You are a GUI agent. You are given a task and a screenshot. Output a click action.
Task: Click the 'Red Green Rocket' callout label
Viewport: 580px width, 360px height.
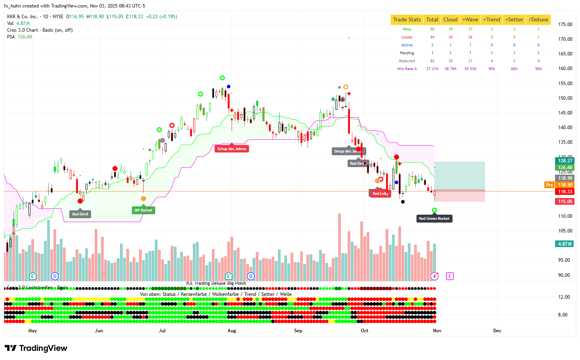coord(434,219)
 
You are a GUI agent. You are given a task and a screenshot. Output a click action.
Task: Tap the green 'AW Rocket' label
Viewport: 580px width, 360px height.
coord(143,210)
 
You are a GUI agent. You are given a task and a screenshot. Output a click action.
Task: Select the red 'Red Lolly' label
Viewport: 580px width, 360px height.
coord(380,194)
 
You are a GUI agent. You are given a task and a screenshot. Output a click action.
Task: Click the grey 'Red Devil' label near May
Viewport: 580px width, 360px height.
coord(80,214)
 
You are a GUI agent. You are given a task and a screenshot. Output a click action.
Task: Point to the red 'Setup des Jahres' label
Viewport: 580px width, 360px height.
coord(232,149)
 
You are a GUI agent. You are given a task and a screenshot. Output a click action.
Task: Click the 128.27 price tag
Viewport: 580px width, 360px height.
coord(565,161)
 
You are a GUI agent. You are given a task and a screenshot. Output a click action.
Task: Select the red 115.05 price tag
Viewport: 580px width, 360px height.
coord(565,202)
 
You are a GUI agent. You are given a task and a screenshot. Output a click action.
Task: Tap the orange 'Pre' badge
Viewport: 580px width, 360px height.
coord(549,185)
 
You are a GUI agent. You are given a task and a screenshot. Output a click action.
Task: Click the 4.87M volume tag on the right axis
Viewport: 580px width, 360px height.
coord(565,244)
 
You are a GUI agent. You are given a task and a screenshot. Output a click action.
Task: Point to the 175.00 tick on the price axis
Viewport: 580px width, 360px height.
coord(565,25)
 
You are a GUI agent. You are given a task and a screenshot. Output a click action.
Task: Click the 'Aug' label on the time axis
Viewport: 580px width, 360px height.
coord(232,331)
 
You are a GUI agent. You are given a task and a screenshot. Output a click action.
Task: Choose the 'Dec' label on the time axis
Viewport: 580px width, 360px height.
coord(497,331)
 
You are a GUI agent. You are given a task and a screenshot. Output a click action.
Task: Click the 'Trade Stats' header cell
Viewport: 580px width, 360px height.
coord(407,19)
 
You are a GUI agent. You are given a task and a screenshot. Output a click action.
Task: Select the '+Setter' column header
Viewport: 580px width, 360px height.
coord(514,19)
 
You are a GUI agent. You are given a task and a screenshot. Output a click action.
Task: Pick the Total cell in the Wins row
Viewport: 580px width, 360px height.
coord(432,29)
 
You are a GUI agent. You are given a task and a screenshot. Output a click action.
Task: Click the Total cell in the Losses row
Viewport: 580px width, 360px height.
coord(432,37)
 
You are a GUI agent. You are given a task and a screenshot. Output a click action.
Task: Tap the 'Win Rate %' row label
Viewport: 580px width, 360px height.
coord(407,69)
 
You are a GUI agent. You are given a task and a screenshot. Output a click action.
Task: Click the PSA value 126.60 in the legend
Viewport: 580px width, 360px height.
coord(25,37)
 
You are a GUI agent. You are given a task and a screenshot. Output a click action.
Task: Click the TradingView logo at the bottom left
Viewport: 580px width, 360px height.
coord(36,348)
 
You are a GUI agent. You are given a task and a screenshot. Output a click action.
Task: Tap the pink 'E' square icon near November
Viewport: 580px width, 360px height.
coord(450,276)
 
